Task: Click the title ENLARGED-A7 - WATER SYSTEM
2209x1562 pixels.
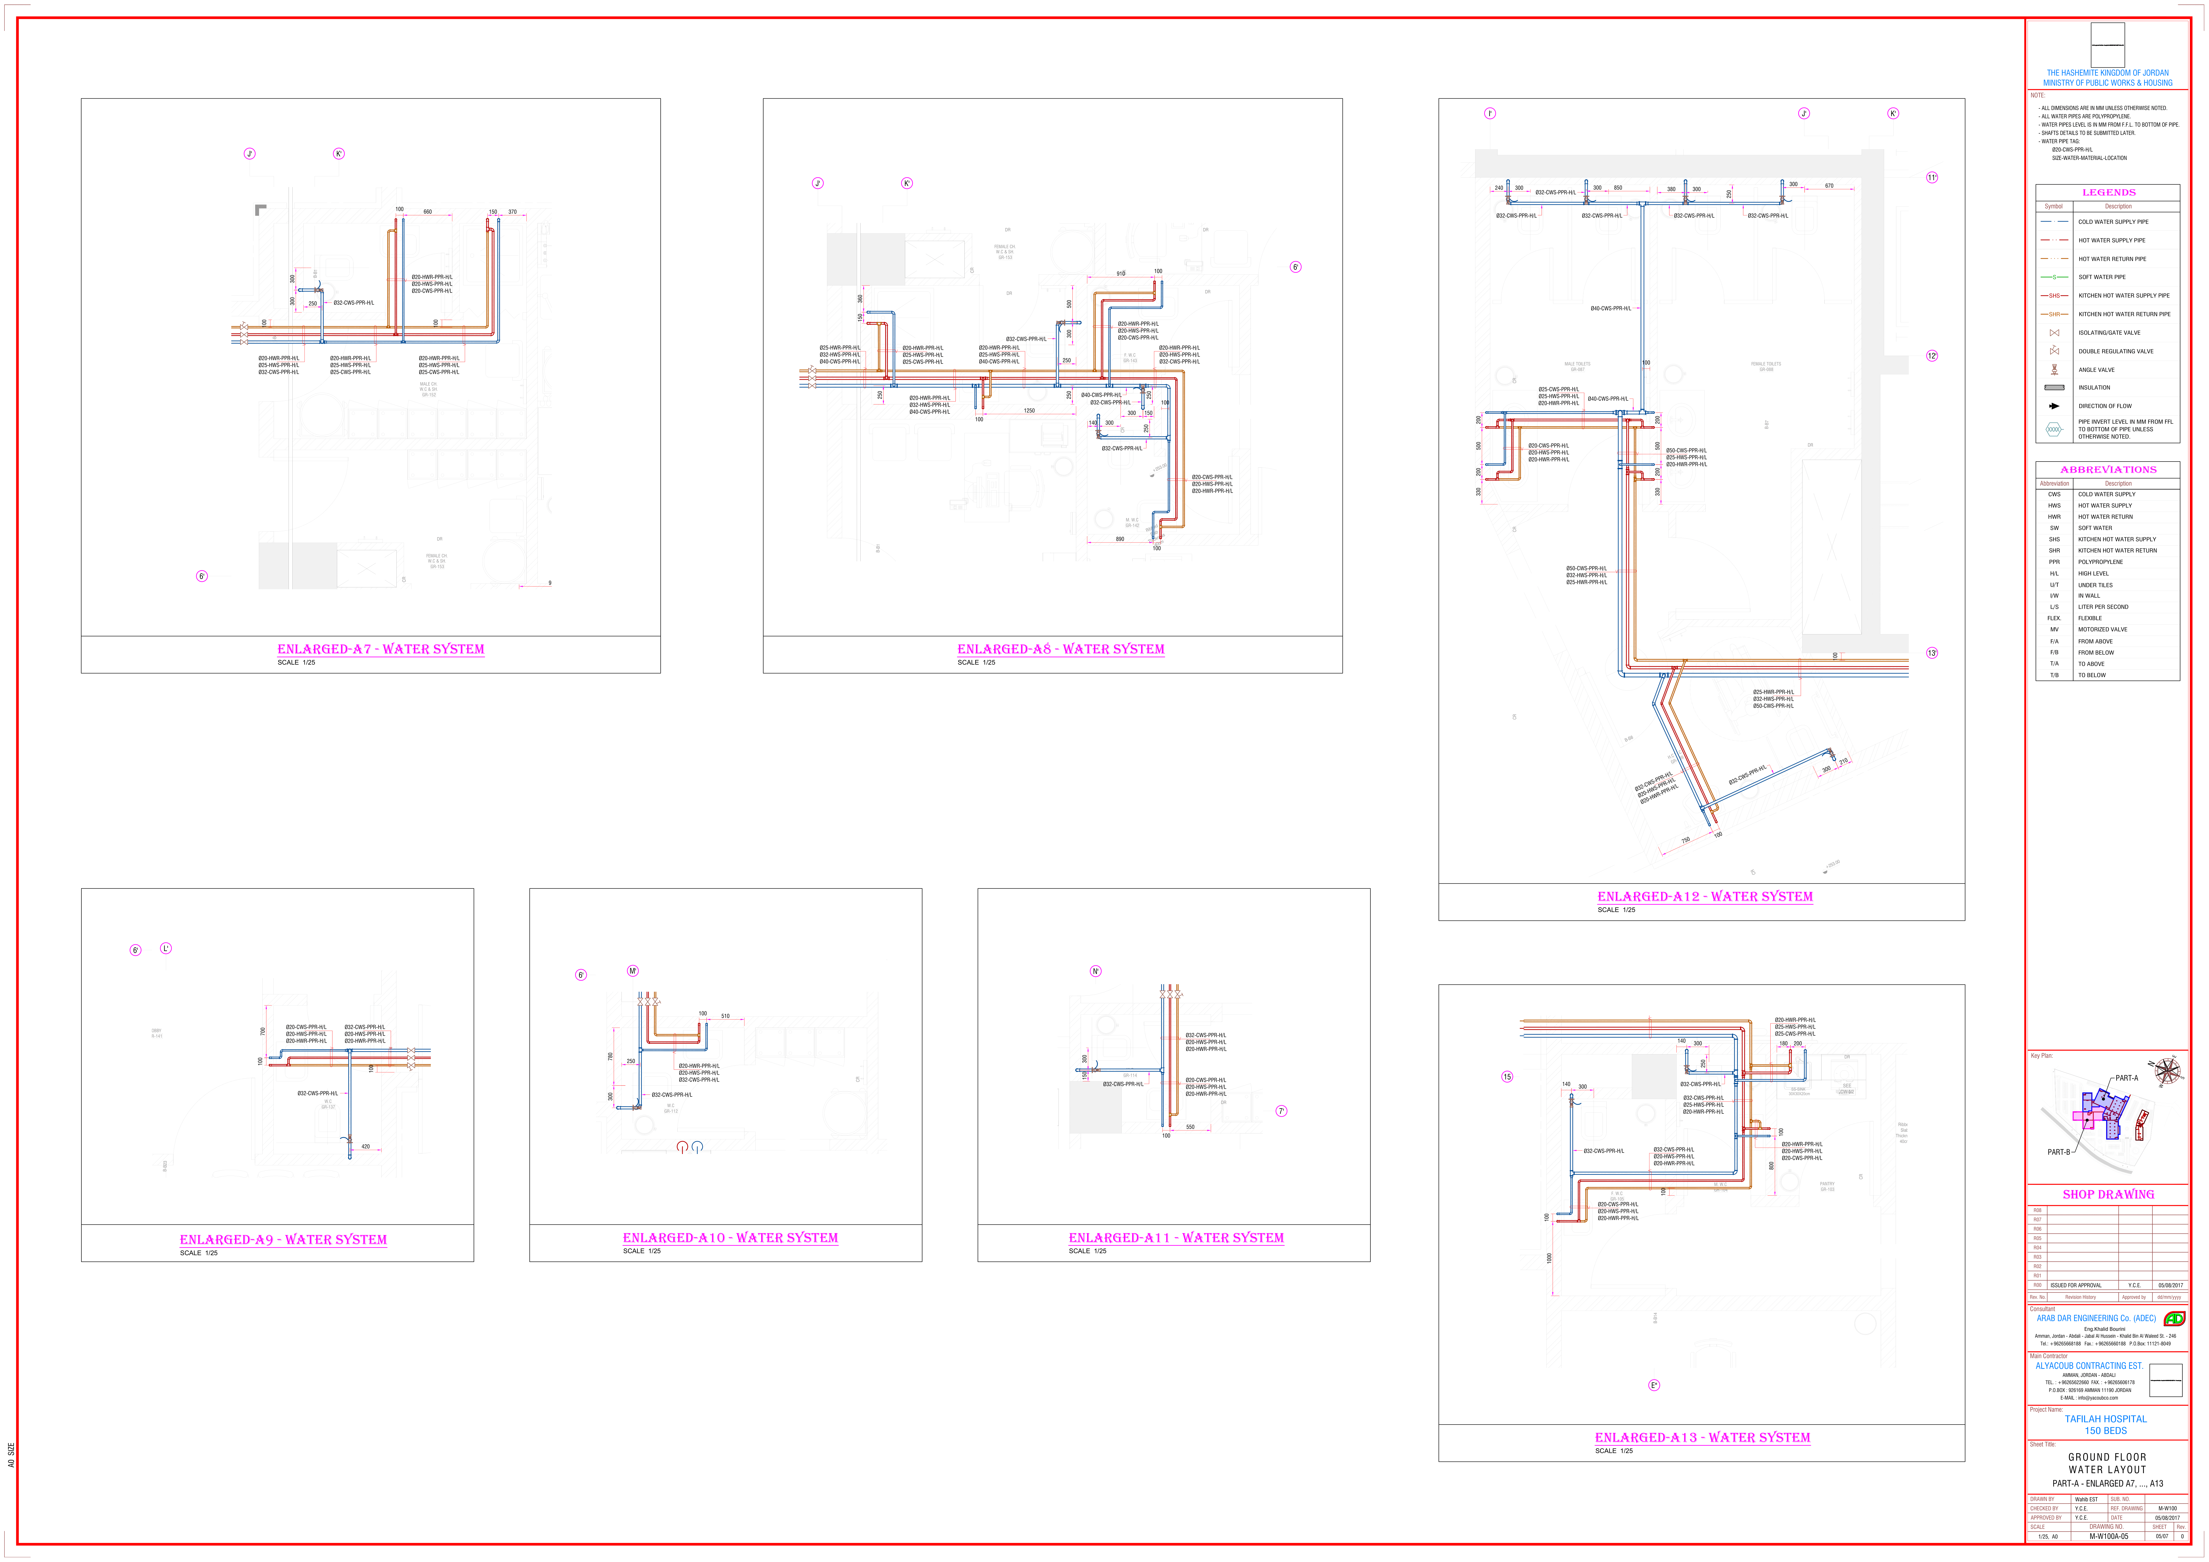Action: tap(381, 649)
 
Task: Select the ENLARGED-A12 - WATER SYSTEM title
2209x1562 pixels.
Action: tap(1705, 896)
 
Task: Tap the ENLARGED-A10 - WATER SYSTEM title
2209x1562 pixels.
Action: tap(730, 1238)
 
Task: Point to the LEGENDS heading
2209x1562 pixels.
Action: tap(2108, 192)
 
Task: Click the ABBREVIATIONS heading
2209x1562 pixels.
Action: tap(2108, 469)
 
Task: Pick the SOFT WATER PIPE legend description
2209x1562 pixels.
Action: tap(2102, 277)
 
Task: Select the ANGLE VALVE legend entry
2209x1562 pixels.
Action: tap(2096, 369)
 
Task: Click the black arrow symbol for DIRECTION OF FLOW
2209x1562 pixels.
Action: tap(2054, 406)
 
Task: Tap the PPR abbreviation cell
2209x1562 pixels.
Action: tap(2054, 562)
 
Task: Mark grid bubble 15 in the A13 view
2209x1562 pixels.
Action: tap(1508, 1076)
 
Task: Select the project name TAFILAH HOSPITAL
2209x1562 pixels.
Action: tap(2105, 1419)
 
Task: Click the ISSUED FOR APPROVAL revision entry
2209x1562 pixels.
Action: tap(2075, 1285)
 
